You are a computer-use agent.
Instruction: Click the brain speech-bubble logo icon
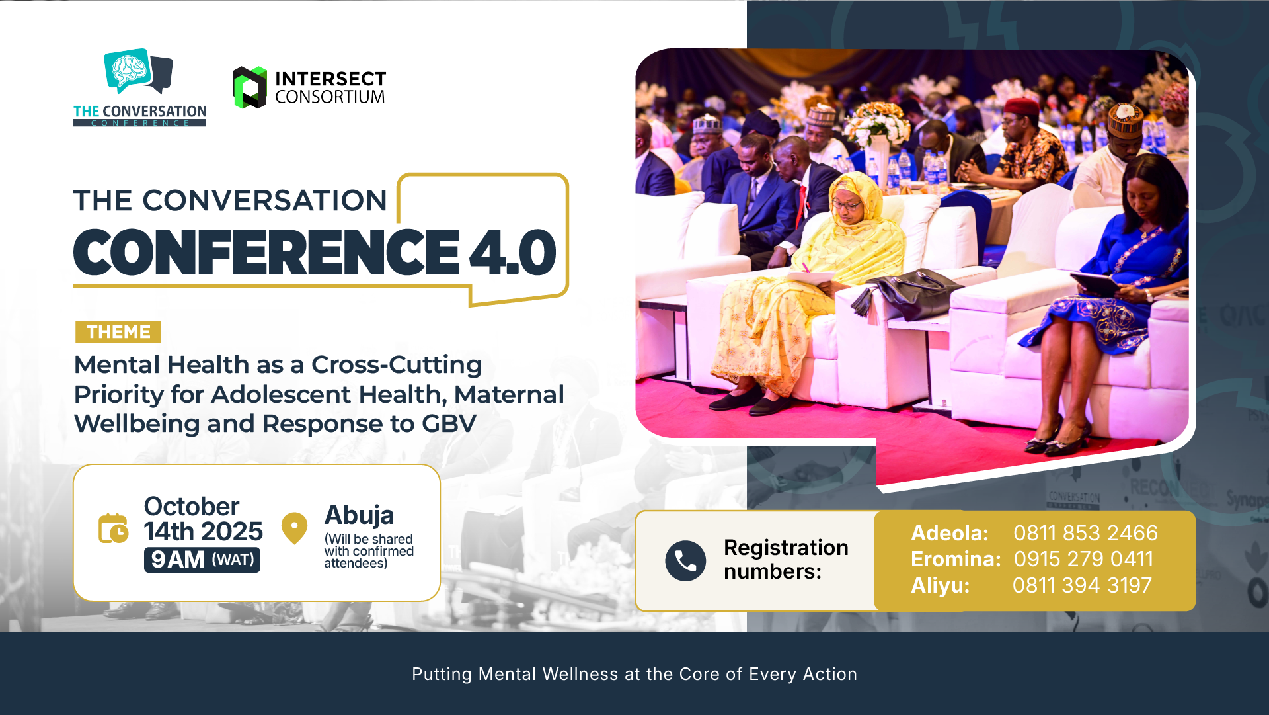[x=138, y=71]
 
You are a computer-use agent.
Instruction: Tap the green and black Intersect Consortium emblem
[x=250, y=87]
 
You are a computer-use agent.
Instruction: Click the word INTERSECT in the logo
[x=330, y=79]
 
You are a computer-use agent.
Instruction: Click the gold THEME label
[x=118, y=331]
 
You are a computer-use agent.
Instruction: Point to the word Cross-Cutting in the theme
[x=397, y=364]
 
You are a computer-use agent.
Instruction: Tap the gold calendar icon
[x=114, y=528]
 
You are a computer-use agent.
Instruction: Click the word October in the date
[x=192, y=507]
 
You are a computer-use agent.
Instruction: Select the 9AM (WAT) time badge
[x=202, y=560]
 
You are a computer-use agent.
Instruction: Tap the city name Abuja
[x=359, y=515]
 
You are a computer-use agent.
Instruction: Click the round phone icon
[x=685, y=561]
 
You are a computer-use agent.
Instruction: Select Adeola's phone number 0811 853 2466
[x=1085, y=533]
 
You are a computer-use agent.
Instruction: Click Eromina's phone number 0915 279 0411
[x=1083, y=559]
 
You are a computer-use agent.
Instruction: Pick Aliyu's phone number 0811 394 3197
[x=1082, y=585]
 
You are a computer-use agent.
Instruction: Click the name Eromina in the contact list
[x=956, y=559]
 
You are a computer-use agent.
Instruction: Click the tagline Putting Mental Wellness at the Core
[x=634, y=674]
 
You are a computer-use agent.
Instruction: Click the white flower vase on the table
[x=878, y=162]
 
